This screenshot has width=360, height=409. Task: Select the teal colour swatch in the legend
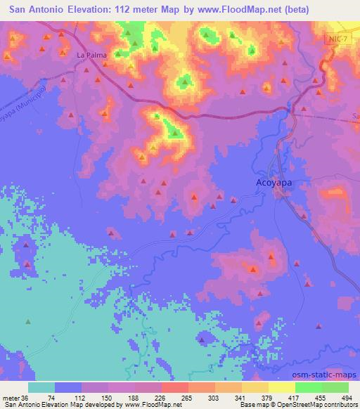coord(41,387)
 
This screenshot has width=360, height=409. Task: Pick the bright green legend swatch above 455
coord(309,387)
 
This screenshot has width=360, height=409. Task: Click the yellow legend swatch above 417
coord(282,387)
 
